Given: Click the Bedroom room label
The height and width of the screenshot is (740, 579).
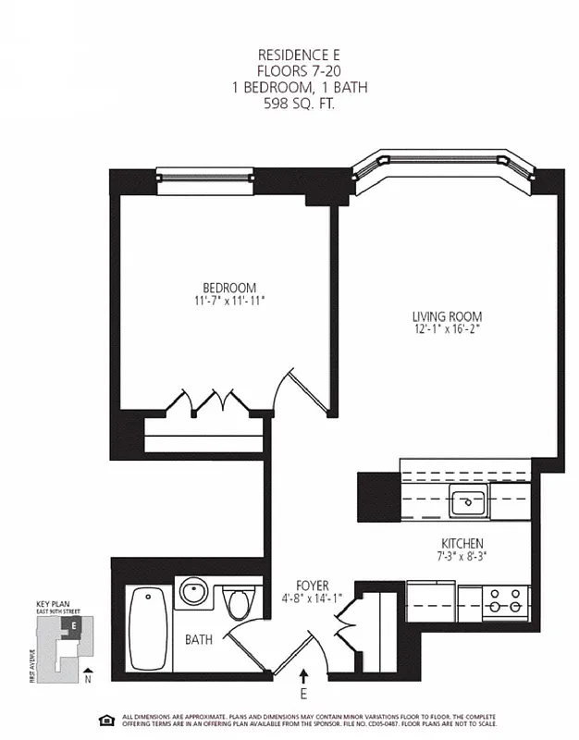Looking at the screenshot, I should tap(229, 288).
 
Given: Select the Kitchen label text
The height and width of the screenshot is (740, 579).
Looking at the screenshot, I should tap(462, 543).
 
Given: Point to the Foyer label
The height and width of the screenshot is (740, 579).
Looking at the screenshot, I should tap(313, 585).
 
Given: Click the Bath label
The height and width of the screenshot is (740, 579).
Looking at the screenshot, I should tap(199, 639).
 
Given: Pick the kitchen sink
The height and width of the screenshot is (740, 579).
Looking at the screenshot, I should tap(468, 504).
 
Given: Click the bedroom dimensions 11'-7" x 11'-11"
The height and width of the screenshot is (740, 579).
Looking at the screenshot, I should tap(229, 301).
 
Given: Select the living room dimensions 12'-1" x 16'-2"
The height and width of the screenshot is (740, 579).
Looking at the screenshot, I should tap(448, 328).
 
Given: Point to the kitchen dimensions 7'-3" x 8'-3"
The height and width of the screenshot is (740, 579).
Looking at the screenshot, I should tap(462, 556).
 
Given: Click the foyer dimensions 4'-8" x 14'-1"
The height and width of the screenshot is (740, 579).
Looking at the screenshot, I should tap(313, 598).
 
